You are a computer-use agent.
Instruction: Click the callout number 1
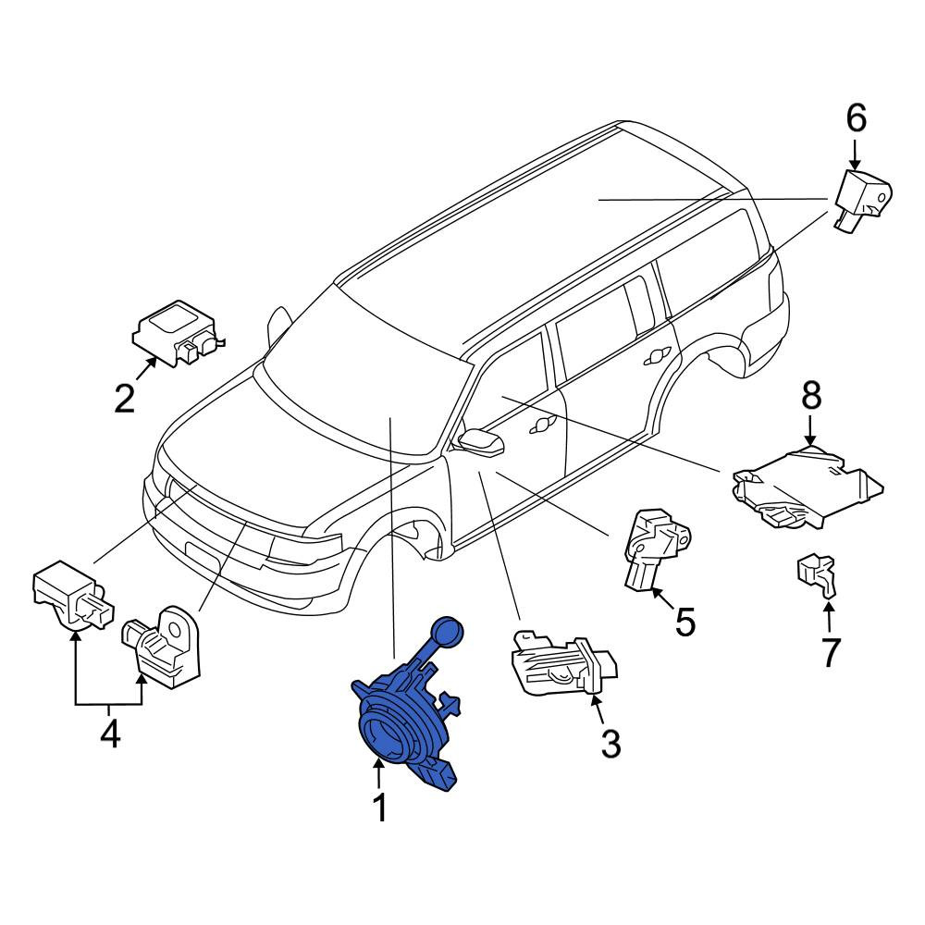(380, 808)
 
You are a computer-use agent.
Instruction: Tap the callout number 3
(610, 744)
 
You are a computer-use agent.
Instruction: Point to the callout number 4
(110, 734)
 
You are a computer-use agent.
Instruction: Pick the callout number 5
(684, 622)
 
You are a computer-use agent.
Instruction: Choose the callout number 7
(830, 652)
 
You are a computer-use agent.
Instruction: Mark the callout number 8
(811, 395)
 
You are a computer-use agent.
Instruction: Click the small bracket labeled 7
(817, 574)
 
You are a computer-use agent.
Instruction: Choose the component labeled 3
(564, 662)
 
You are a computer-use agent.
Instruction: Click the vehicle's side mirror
(480, 442)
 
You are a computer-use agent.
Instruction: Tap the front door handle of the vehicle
(543, 425)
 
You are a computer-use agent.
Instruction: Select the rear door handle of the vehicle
(658, 356)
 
